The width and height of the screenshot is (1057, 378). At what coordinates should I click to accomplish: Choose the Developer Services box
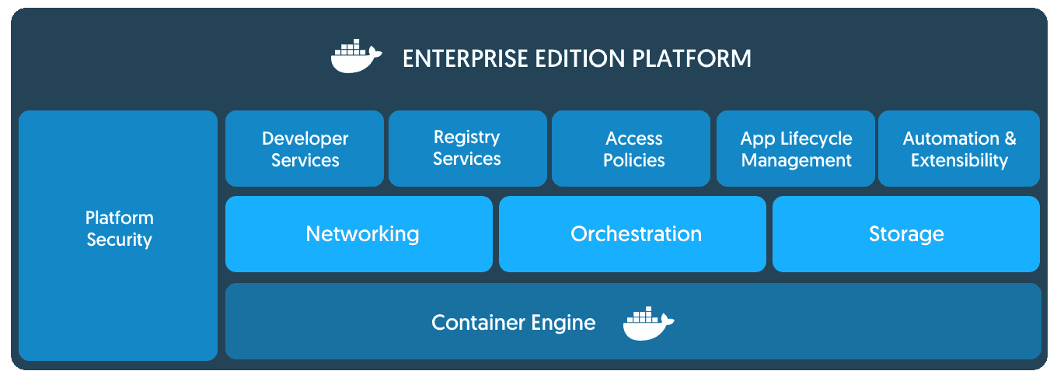click(305, 149)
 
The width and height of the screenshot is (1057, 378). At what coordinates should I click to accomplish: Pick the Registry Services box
click(466, 149)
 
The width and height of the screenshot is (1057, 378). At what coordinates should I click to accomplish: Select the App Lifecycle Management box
click(796, 149)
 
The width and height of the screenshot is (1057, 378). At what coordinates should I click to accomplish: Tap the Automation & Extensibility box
click(959, 149)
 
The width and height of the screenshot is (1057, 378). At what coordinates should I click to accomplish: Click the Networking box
click(359, 234)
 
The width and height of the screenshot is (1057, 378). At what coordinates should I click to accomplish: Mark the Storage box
click(906, 234)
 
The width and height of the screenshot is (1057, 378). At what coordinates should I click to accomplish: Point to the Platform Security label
click(119, 229)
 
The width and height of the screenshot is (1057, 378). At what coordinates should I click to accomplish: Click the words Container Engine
click(514, 322)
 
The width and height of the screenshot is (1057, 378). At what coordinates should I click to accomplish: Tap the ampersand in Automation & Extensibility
click(1010, 138)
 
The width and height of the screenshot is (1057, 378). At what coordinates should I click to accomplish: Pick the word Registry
click(466, 138)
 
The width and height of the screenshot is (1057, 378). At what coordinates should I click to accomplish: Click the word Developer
click(305, 138)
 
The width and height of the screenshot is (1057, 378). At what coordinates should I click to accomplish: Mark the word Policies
click(634, 160)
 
